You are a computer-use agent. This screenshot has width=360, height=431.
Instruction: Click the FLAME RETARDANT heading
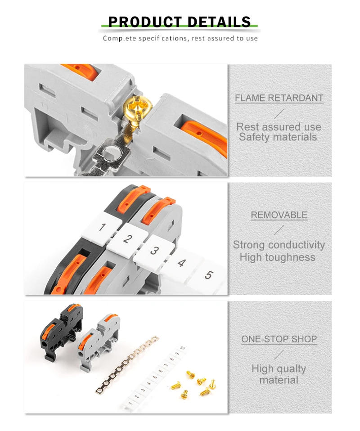tap(279, 98)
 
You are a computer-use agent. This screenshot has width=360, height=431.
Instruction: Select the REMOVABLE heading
tap(279, 215)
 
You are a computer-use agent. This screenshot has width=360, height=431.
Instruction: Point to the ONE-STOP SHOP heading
tap(279, 339)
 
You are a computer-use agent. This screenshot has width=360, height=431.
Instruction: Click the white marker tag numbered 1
tap(102, 227)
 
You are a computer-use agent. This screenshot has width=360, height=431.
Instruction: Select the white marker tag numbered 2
tap(128, 239)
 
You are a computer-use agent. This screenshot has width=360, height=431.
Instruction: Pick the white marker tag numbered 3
tap(154, 251)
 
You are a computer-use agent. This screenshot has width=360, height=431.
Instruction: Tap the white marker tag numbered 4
tap(181, 262)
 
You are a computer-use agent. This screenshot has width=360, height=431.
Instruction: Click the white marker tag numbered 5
tap(207, 275)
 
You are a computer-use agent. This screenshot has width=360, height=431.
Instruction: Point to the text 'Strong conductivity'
tap(279, 245)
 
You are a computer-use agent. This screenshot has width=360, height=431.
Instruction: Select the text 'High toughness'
tap(277, 257)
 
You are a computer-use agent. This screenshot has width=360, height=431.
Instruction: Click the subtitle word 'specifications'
tap(157, 38)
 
